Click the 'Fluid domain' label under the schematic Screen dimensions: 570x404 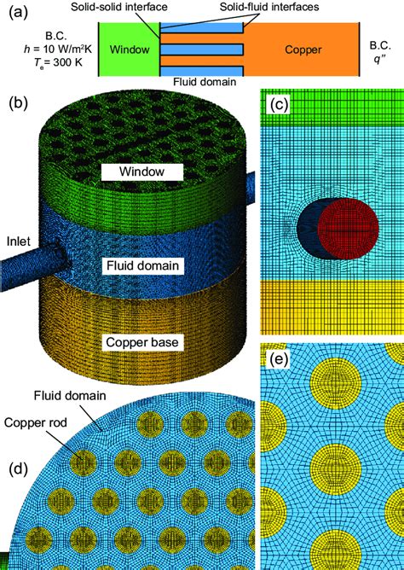coord(201,82)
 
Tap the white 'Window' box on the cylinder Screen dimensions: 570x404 coord(142,172)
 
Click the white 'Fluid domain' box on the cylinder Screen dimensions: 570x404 coord(141,265)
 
